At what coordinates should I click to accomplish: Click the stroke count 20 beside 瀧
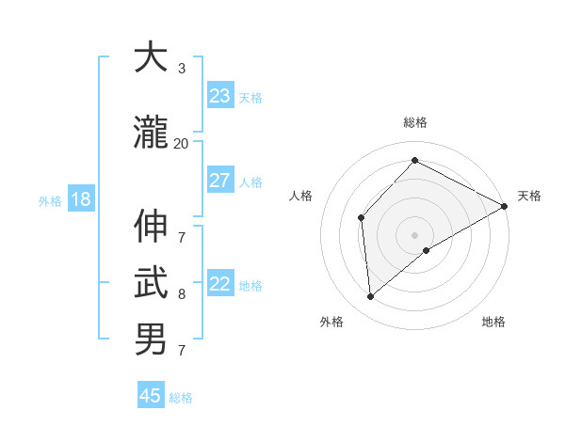181,144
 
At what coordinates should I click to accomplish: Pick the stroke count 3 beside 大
181,69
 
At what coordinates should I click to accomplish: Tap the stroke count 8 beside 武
181,294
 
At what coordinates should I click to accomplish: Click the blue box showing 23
220,96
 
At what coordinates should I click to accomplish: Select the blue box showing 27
220,181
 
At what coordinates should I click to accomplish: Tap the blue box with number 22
220,285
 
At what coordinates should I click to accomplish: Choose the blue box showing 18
80,199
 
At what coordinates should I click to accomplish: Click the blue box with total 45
151,396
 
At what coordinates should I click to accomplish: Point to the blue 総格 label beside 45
181,398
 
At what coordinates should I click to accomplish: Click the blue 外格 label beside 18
50,201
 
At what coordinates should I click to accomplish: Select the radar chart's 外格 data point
370,297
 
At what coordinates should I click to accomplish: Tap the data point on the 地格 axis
427,250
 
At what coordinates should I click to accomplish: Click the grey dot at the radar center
414,234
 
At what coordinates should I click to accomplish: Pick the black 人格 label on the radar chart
301,196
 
